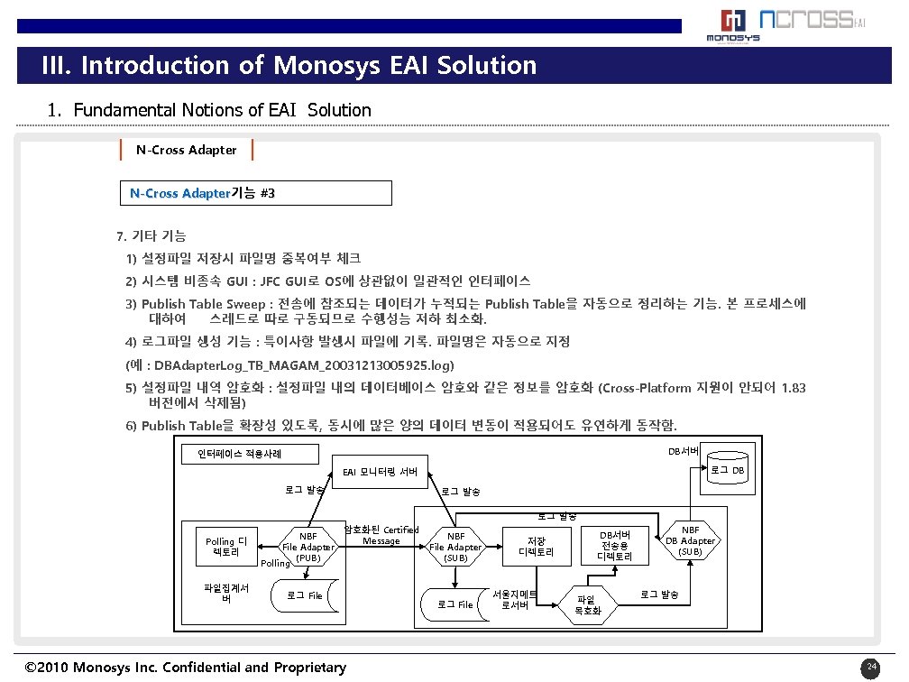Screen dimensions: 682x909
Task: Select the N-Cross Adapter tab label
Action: (x=187, y=150)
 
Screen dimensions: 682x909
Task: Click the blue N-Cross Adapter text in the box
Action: (x=180, y=193)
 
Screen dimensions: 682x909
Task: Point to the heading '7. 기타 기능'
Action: (x=151, y=236)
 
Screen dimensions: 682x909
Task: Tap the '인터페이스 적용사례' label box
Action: (x=238, y=454)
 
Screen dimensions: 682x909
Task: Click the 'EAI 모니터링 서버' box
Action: (x=380, y=471)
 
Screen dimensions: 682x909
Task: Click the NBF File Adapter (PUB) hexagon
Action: (x=308, y=547)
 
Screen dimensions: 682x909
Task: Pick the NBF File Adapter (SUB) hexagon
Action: (x=454, y=547)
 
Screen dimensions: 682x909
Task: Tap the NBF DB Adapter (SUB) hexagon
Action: (x=690, y=541)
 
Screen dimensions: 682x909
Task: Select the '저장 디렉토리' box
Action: (x=536, y=547)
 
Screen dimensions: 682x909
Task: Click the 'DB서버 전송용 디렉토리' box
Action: (x=615, y=546)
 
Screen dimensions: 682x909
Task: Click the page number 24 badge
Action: (x=870, y=668)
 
